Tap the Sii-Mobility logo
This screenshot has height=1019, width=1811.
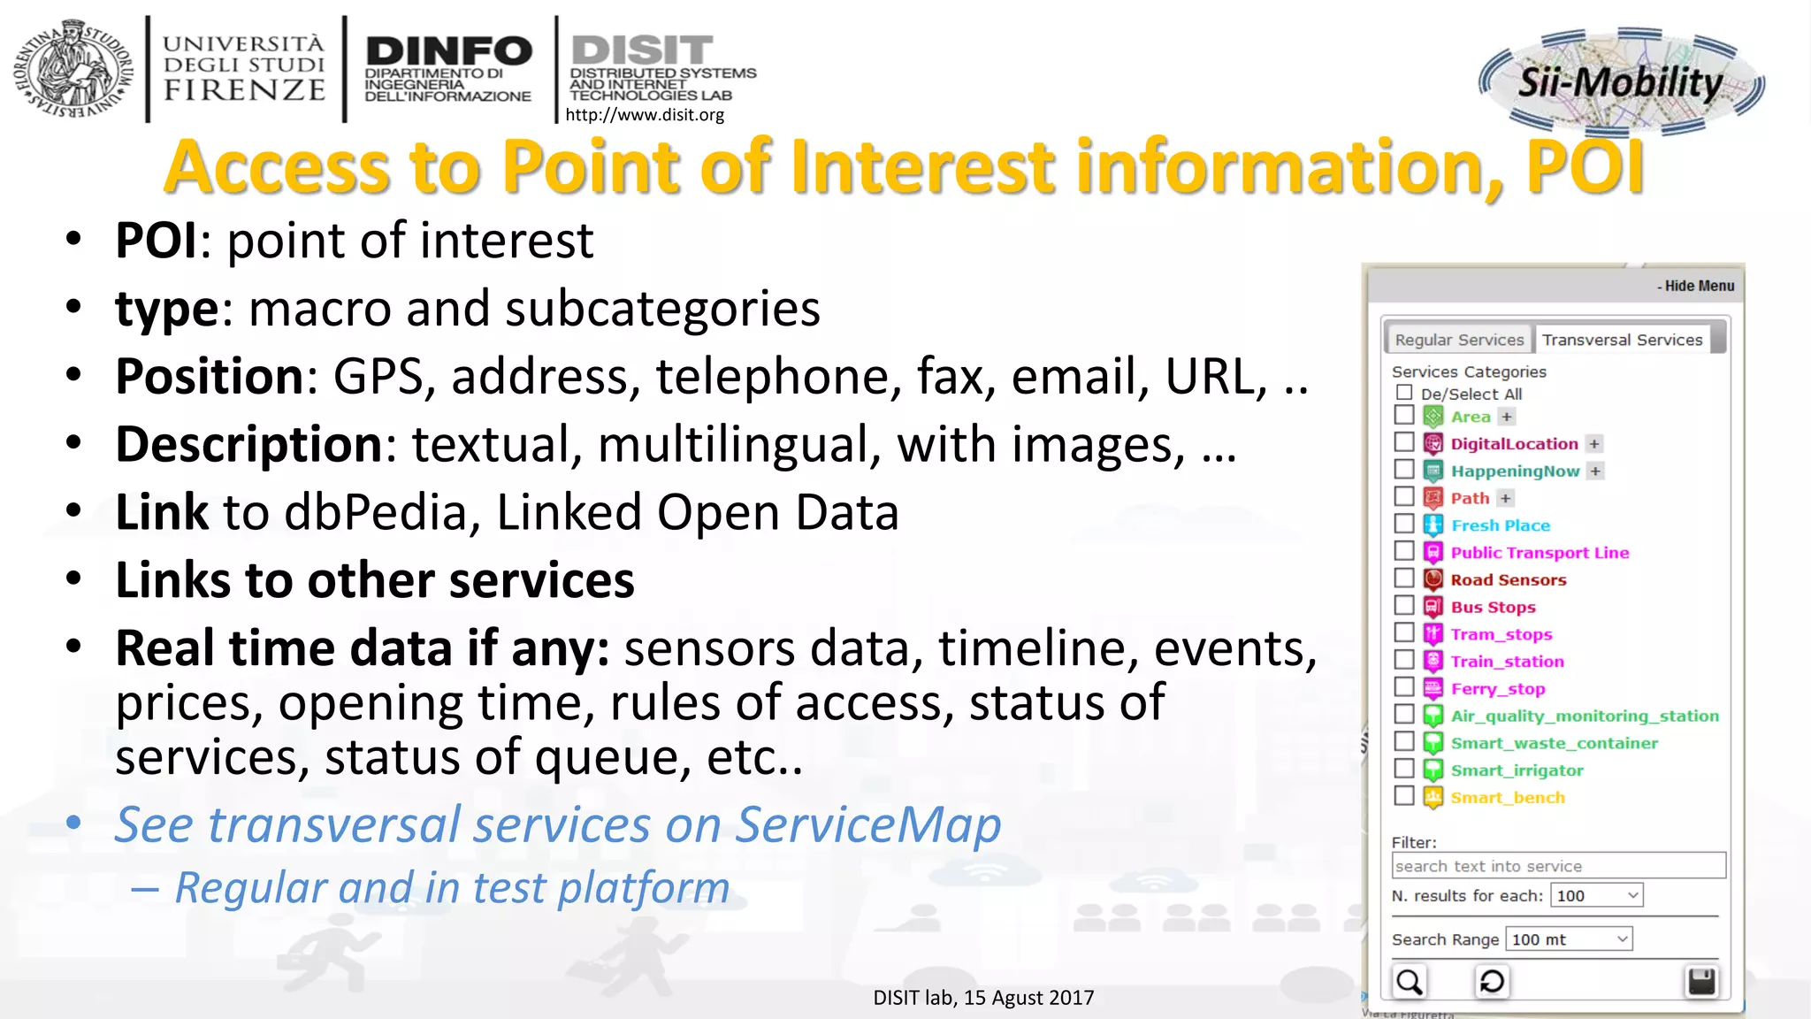[1620, 82]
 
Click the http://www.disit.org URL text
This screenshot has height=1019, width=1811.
[644, 115]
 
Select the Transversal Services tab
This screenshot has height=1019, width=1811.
[1622, 340]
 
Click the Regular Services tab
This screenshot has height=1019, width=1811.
[1459, 340]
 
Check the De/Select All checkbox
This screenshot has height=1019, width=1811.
[1404, 392]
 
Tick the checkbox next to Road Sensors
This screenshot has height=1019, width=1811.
[1404, 578]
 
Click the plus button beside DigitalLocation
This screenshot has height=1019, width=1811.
[1594, 444]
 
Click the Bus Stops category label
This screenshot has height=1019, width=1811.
[1493, 607]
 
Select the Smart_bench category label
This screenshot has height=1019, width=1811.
[1507, 798]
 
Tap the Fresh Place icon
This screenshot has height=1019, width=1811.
[1433, 525]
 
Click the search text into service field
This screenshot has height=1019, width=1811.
[1558, 866]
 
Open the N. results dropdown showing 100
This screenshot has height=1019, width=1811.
[1597, 895]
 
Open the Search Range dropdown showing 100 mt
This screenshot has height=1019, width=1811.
[1569, 939]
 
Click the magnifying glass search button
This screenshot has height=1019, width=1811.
[1410, 982]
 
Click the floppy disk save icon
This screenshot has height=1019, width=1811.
[1701, 982]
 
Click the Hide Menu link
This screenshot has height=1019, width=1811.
[1695, 286]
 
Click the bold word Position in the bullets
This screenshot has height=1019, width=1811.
[210, 377]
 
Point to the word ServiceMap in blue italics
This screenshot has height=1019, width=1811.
[867, 824]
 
